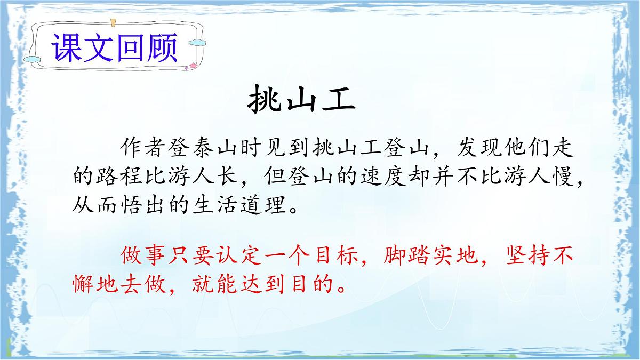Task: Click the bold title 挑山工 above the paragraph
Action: pos(302,101)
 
